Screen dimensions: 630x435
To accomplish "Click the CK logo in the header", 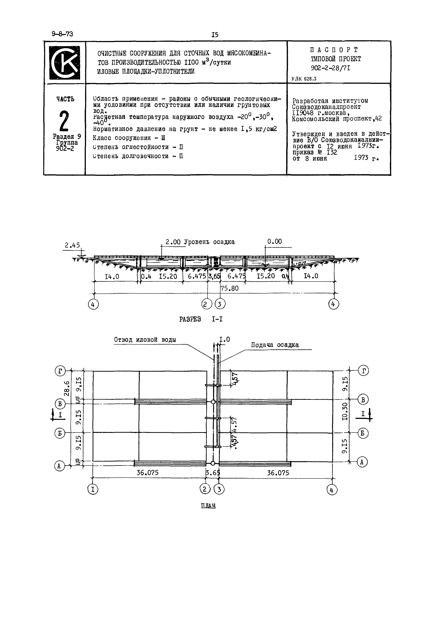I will point(65,62).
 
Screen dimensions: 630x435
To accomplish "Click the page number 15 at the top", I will point(215,35).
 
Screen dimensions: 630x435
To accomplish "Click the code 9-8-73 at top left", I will point(62,34).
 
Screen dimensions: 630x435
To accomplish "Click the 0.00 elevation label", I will point(274,242).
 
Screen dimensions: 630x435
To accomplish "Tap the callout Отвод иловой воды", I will point(145,340).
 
